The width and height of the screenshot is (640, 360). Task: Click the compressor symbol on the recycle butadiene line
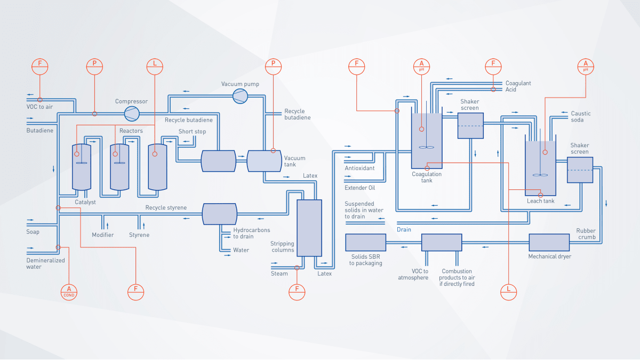[131, 113]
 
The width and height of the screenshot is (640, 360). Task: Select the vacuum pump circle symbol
[239, 95]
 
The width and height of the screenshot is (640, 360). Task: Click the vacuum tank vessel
[264, 161]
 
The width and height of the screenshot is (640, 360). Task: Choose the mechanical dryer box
[550, 243]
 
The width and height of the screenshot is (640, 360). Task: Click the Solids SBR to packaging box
[365, 243]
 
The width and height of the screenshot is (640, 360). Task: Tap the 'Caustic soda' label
[581, 117]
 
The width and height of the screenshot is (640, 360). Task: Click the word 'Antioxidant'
[359, 168]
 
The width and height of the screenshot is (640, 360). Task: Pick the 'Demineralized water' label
[45, 263]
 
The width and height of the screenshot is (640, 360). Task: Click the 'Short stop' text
[192, 132]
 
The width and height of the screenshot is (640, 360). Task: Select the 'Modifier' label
[102, 235]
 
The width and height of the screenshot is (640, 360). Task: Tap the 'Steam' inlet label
[279, 274]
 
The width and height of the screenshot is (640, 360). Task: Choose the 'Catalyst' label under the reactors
[85, 202]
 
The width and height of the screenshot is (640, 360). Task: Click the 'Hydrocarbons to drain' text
[251, 233]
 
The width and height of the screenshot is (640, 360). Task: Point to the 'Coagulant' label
[518, 83]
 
